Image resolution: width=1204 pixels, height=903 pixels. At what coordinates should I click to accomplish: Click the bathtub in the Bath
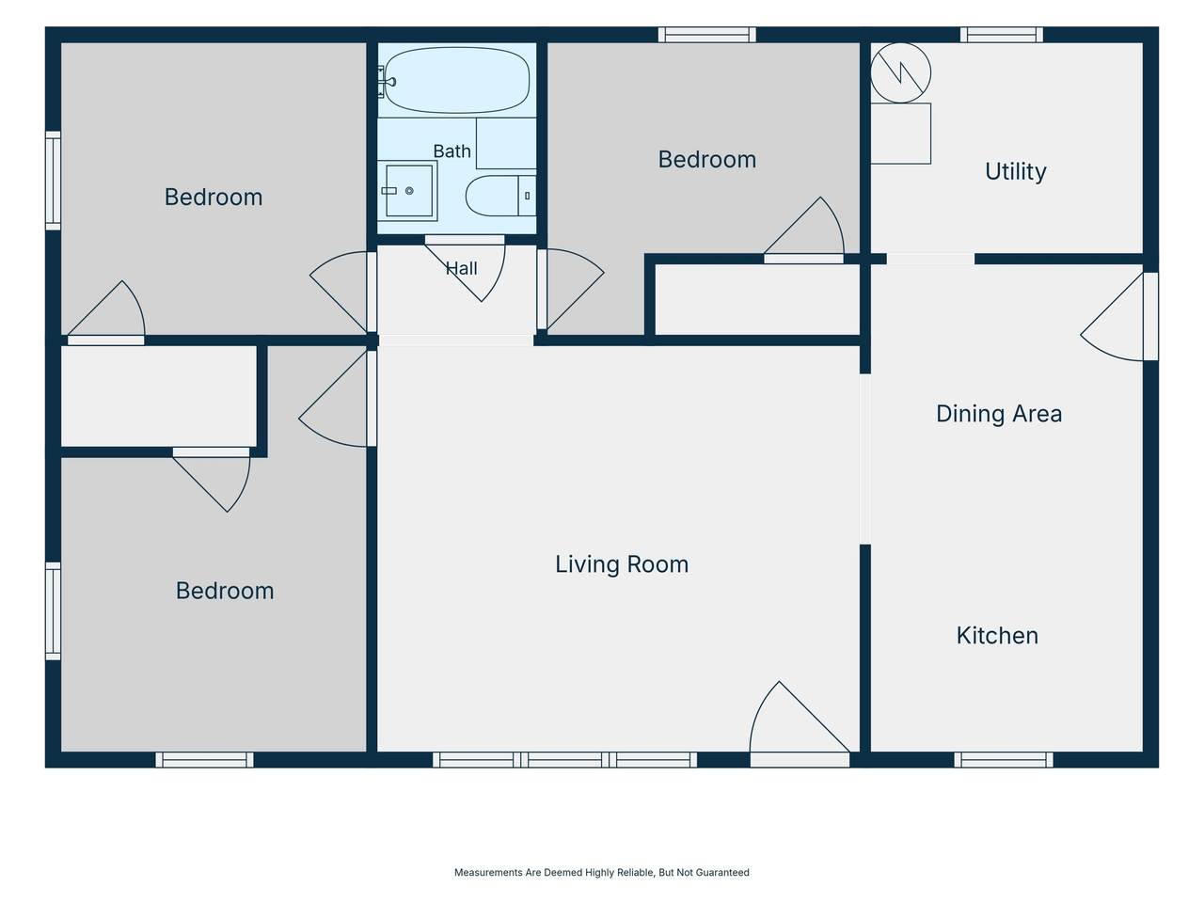pos(456,80)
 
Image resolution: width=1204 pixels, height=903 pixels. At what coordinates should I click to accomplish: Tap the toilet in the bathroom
pos(500,196)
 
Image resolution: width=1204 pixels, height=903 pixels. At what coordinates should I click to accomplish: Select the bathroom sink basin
pos(408,191)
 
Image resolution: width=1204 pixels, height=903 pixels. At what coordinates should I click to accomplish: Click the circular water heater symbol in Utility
pos(901,73)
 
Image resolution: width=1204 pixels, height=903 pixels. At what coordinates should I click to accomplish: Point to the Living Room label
pos(622,564)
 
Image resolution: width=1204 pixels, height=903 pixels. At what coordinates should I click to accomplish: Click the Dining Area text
pos(999,414)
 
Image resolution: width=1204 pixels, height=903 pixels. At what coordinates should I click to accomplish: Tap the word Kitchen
pos(997,636)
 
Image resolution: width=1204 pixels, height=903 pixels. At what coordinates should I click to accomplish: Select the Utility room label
pos(1015,171)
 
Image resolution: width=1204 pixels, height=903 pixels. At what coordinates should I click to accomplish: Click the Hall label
pos(461,269)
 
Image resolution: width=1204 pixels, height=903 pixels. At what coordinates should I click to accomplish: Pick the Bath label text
pos(452,151)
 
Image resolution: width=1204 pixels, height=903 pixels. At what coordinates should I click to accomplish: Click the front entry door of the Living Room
pos(800,723)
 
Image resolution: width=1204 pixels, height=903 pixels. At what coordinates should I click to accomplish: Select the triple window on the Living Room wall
pos(564,760)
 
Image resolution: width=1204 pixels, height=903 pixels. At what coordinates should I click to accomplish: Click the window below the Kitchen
pos(1004,760)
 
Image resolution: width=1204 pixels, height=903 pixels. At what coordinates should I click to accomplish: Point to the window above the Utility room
pos(1001,35)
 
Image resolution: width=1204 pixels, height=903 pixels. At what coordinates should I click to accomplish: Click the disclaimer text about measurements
pos(602,872)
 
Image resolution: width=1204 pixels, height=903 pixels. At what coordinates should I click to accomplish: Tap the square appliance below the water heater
pos(901,134)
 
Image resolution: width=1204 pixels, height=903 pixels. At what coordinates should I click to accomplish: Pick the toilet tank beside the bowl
pos(527,196)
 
